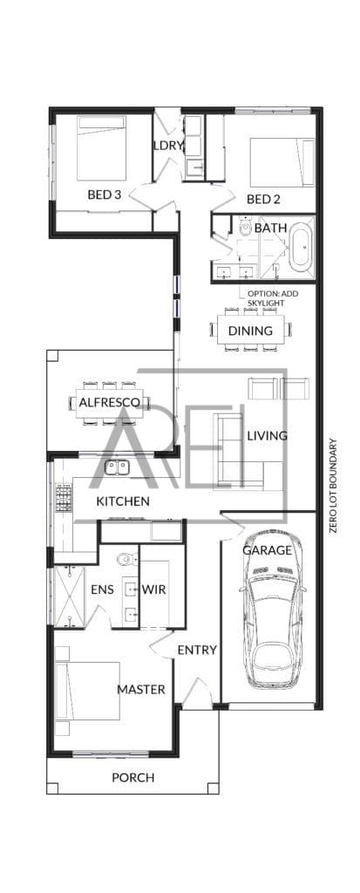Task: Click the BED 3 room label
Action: pos(105,194)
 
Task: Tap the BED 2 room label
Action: pos(263,200)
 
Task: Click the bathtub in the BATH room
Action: pos(301,247)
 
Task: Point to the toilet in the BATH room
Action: pos(246,227)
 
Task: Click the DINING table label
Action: pos(250,331)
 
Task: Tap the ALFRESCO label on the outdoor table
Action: pos(109,402)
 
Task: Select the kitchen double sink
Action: pos(117,467)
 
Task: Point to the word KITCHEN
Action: pos(122,501)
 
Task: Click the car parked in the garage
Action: pos(273,610)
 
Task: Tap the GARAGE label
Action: pos(267,551)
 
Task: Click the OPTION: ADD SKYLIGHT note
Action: pos(272,298)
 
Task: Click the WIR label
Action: pos(153,590)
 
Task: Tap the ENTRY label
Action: pos(197,650)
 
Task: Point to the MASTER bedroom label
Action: pos(141,690)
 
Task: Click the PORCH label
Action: pos(132,777)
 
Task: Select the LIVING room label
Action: pos(267,436)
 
